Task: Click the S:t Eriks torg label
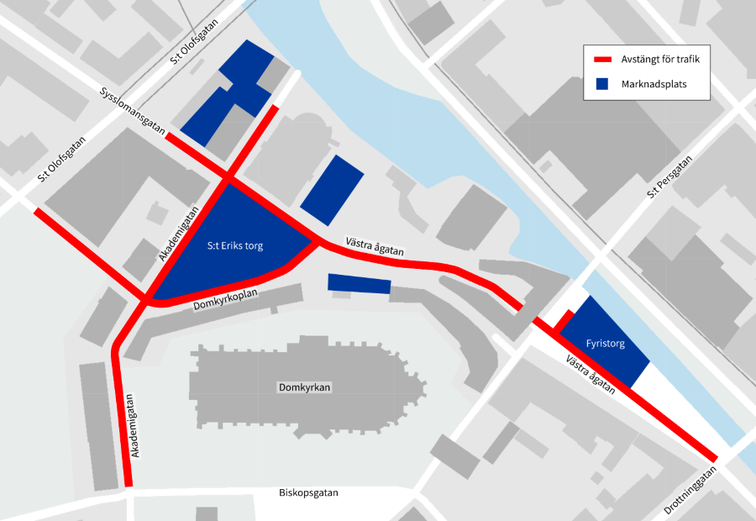click(x=235, y=246)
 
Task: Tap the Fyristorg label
click(x=605, y=344)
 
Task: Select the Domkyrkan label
click(x=305, y=387)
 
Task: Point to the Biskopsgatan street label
click(x=308, y=493)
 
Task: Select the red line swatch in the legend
click(x=604, y=60)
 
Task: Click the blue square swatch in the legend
click(x=602, y=84)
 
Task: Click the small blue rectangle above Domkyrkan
click(x=359, y=284)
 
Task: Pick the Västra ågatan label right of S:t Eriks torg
click(x=375, y=247)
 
